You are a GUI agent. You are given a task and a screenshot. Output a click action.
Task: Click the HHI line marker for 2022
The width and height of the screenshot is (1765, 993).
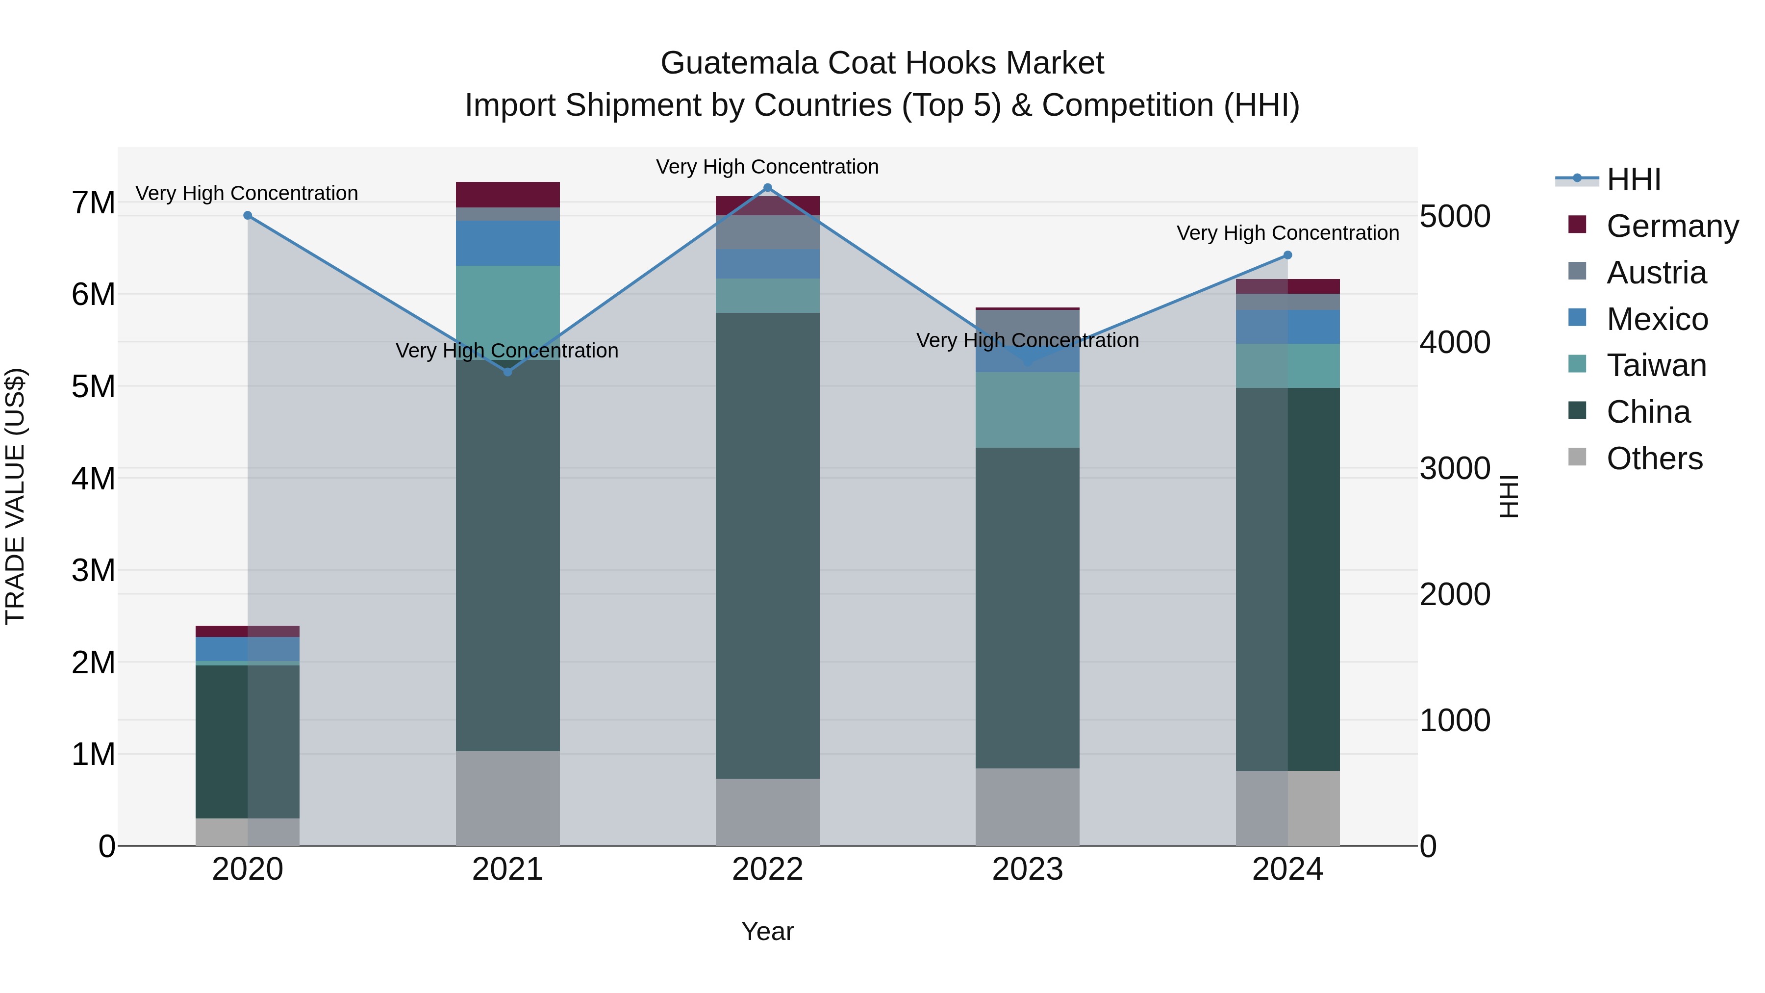[x=767, y=188]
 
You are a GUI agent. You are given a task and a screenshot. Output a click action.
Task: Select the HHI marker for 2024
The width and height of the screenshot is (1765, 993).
[x=1287, y=255]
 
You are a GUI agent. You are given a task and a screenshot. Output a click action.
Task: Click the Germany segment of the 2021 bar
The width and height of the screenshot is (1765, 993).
[x=508, y=195]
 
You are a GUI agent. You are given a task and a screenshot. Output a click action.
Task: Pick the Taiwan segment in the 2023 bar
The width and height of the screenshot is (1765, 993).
[x=1027, y=410]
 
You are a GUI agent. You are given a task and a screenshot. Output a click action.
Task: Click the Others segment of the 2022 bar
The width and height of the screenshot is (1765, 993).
[x=767, y=812]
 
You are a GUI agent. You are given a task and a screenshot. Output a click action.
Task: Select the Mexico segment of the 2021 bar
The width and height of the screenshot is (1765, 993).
[x=508, y=243]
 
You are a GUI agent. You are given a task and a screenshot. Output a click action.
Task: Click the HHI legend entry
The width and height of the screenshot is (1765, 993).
[x=1634, y=179]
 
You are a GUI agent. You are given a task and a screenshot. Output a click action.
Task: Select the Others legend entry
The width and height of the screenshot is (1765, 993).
[x=1654, y=458]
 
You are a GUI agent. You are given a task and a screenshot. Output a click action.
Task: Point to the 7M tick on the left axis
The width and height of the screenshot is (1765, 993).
[x=93, y=203]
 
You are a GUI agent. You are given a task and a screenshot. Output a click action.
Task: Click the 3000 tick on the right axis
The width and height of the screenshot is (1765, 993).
[x=1455, y=469]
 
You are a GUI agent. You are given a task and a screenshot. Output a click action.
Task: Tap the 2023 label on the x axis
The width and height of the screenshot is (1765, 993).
[x=1027, y=869]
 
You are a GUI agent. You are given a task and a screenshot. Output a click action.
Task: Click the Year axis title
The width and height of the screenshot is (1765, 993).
[x=767, y=931]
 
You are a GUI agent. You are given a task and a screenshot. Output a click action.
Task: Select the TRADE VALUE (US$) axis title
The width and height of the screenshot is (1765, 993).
[x=15, y=496]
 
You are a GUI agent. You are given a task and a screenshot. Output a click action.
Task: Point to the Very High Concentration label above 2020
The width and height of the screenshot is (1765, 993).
[x=247, y=193]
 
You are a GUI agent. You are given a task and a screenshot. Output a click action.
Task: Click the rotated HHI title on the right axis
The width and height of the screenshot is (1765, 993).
[x=1509, y=496]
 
